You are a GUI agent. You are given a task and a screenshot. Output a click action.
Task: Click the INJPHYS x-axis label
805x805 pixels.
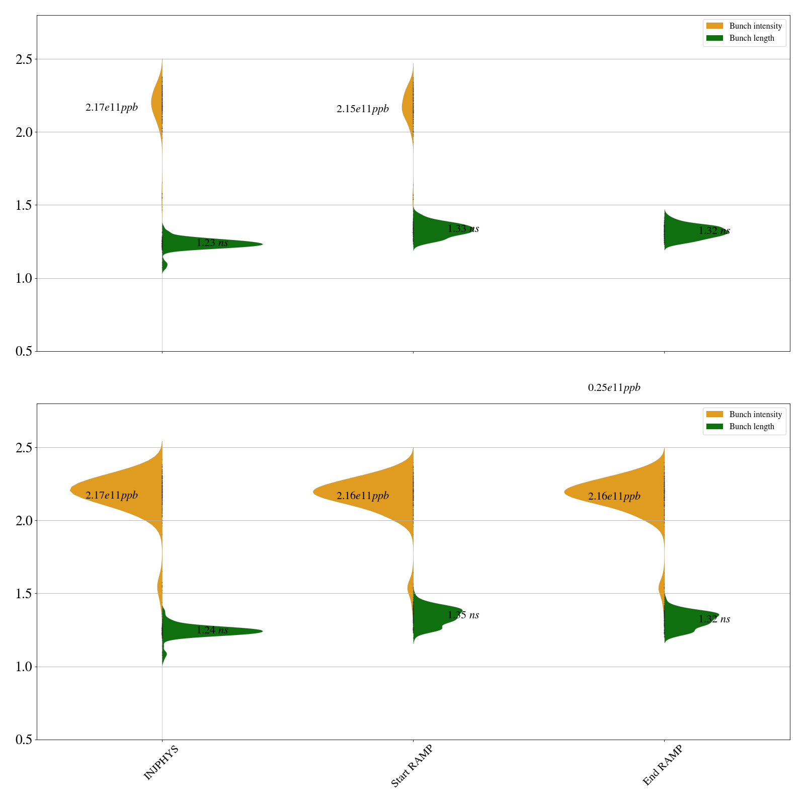(x=161, y=763)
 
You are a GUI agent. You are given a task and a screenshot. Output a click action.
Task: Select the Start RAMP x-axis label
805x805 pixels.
(x=412, y=765)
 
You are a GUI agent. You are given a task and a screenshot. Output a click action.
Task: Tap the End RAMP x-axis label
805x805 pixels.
(x=663, y=765)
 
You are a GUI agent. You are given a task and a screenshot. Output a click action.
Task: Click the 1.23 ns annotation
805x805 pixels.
(x=212, y=243)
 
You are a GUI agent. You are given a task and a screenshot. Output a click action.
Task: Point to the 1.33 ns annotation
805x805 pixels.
(x=463, y=229)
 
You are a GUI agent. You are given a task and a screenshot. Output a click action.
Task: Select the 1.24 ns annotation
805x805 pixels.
(x=212, y=630)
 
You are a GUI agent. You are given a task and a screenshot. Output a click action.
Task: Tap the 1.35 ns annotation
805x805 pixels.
(x=463, y=615)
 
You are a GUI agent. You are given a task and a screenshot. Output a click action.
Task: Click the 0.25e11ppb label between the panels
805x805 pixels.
(x=614, y=388)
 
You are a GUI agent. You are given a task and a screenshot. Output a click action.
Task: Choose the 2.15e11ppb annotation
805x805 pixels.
(x=362, y=109)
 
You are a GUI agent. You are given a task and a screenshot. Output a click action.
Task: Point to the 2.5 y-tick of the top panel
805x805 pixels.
(x=24, y=59)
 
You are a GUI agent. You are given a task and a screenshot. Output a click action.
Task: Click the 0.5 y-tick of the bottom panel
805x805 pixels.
(x=24, y=740)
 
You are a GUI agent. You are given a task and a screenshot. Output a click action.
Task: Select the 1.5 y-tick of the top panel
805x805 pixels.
(x=24, y=205)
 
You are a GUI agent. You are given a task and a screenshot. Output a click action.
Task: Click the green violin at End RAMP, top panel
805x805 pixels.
(x=684, y=229)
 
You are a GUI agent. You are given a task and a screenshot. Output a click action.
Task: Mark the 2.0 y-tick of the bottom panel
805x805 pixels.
(x=24, y=521)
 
